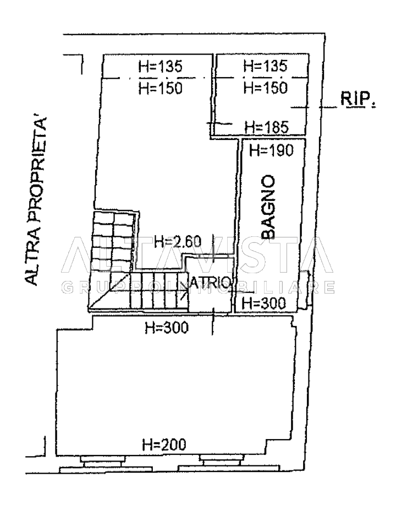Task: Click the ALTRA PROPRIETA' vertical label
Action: pyautogui.click(x=36, y=201)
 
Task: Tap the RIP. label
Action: pyautogui.click(x=358, y=99)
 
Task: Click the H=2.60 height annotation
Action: pyautogui.click(x=178, y=242)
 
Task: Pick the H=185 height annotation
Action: pyautogui.click(x=267, y=127)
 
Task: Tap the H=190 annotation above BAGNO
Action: pyautogui.click(x=272, y=150)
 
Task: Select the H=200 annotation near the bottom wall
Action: pyautogui.click(x=164, y=445)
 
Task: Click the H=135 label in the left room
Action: pyautogui.click(x=160, y=66)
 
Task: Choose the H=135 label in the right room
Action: pyautogui.click(x=265, y=66)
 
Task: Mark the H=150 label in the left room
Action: pyautogui.click(x=160, y=88)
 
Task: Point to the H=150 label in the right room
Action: pyautogui.click(x=266, y=88)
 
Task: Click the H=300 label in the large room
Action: pyautogui.click(x=167, y=328)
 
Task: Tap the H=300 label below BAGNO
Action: pyautogui.click(x=264, y=303)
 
